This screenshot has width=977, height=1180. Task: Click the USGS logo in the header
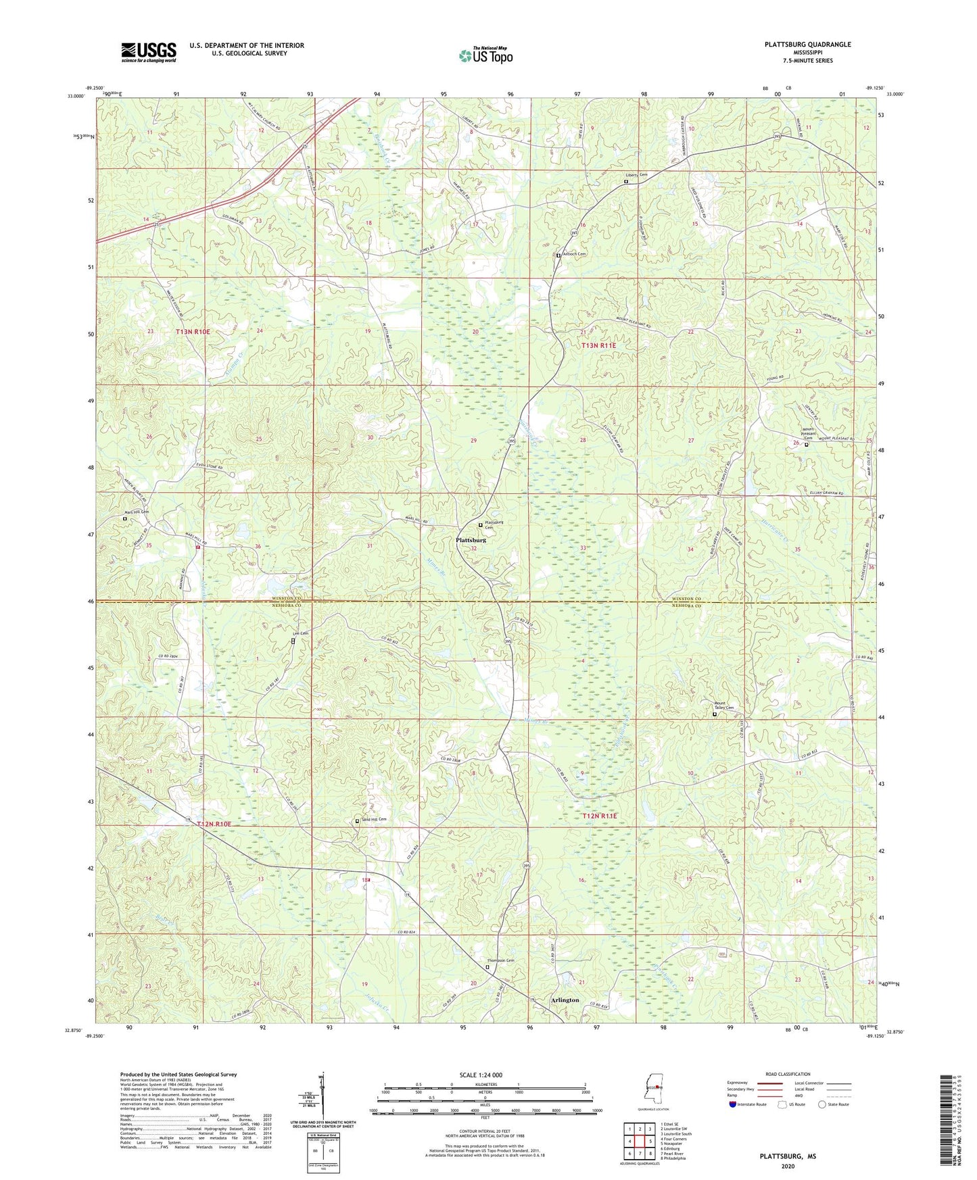[x=149, y=51]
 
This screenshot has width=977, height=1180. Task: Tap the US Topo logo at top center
[x=485, y=55]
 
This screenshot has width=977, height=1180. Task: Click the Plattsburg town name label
[x=471, y=541]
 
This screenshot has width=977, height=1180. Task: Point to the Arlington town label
[x=565, y=1000]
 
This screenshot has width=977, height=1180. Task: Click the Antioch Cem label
[x=574, y=254]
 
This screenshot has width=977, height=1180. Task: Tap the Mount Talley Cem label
[x=723, y=708]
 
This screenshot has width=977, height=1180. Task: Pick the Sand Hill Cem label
[x=374, y=820]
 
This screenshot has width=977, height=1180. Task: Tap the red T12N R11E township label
[x=600, y=816]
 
